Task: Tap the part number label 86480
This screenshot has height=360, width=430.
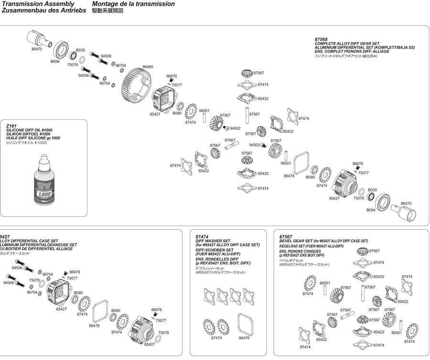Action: pyautogui.click(x=148, y=67)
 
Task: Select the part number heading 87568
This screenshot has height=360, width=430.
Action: pyautogui.click(x=321, y=39)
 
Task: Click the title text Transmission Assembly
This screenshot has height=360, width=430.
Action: pyautogui.click(x=38, y=4)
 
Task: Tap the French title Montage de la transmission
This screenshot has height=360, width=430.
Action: pyautogui.click(x=133, y=4)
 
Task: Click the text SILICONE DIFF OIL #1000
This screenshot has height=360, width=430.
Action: pyautogui.click(x=29, y=130)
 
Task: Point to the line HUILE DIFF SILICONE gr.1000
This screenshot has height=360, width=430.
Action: pyautogui.click(x=33, y=138)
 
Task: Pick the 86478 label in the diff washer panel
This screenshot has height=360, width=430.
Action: pyautogui.click(x=244, y=338)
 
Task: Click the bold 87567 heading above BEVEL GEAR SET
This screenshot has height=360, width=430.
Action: pyautogui.click(x=286, y=236)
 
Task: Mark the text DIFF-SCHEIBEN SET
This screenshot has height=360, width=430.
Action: pyautogui.click(x=215, y=250)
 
